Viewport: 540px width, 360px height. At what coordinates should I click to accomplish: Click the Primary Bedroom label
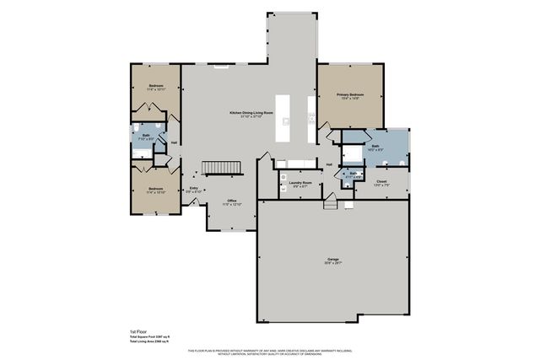[x=348, y=94]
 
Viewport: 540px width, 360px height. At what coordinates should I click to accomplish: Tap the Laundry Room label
[x=301, y=183]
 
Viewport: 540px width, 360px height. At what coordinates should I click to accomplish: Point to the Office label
[x=231, y=200]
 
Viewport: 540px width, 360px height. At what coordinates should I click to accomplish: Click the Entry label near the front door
[x=194, y=188]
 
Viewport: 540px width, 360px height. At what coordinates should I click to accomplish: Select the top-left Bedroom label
[x=156, y=86]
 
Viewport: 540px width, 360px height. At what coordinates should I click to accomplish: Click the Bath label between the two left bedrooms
[x=146, y=135]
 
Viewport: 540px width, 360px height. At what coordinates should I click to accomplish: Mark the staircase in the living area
[x=224, y=169]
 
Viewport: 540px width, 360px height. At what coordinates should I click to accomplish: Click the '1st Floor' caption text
[x=139, y=331]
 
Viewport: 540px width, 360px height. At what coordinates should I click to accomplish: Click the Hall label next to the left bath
[x=174, y=142]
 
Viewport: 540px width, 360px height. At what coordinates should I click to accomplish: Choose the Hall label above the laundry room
[x=329, y=164]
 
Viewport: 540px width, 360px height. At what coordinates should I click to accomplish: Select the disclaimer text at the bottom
[x=270, y=351]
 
